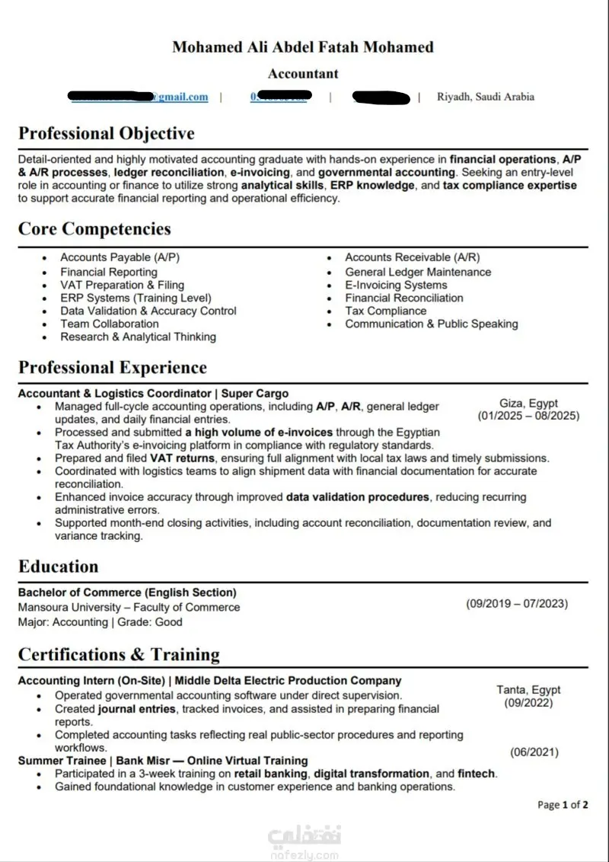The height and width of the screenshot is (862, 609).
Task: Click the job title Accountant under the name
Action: point(303,74)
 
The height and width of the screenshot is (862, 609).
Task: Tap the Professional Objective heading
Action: point(107,134)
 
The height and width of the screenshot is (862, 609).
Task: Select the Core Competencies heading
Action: point(94,229)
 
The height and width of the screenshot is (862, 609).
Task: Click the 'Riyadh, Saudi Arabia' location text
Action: point(486,97)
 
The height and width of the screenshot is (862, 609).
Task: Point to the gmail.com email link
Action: point(180,97)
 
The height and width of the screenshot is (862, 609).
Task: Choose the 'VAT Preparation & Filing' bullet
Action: point(123,285)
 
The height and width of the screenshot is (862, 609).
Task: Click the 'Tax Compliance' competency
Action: point(385,311)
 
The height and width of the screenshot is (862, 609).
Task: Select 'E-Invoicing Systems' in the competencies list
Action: point(396,285)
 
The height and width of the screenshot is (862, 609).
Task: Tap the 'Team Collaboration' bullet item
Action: point(110,324)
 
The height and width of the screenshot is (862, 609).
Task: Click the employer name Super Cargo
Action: point(255,394)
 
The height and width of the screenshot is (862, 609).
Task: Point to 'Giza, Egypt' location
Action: point(528,404)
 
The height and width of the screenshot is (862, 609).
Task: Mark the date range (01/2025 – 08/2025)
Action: point(528,416)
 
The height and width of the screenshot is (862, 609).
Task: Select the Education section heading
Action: point(59,567)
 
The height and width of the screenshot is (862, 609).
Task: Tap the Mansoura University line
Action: point(129,608)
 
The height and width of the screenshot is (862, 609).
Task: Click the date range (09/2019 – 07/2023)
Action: point(517,604)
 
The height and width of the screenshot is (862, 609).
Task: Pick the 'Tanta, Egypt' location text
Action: point(528,690)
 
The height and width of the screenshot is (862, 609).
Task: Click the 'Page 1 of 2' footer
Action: point(563,804)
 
